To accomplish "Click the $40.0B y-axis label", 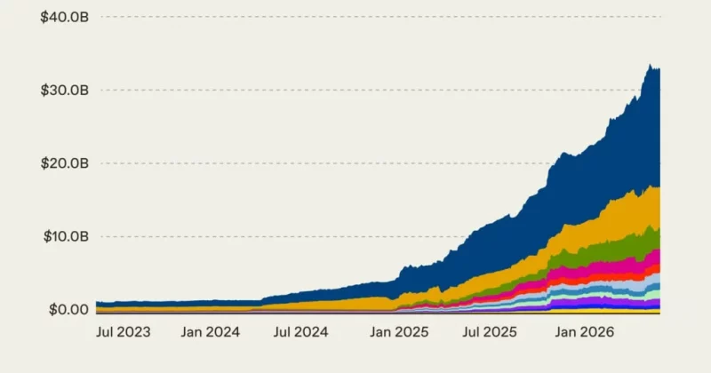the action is (x=64, y=17).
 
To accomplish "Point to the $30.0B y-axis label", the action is (x=64, y=91).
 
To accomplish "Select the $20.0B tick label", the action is (x=64, y=163).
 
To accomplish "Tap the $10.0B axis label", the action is (x=66, y=236).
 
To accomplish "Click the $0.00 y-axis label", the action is (x=68, y=310).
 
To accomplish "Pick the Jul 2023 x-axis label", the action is (x=123, y=332).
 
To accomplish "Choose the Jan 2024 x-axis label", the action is (x=211, y=332).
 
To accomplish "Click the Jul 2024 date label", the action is (x=300, y=332).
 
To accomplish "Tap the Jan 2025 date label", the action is (x=399, y=332).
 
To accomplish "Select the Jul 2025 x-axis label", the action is (x=490, y=332).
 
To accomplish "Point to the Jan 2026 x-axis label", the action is (x=585, y=332).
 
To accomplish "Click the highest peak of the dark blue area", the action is (x=650, y=64).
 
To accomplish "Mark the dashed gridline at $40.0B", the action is (x=381, y=17).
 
